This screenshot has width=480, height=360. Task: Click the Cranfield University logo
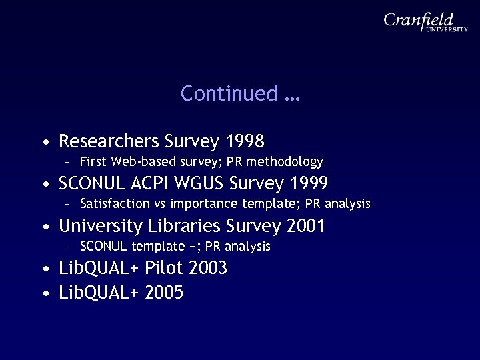[x=425, y=25]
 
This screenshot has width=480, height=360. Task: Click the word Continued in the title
[x=229, y=94]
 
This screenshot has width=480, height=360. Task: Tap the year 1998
[x=245, y=141]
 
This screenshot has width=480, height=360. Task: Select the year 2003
[x=208, y=269]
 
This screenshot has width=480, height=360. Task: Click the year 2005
[x=164, y=292]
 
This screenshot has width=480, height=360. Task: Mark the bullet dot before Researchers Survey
[x=44, y=143]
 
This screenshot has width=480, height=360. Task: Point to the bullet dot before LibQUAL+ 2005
[x=44, y=293]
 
